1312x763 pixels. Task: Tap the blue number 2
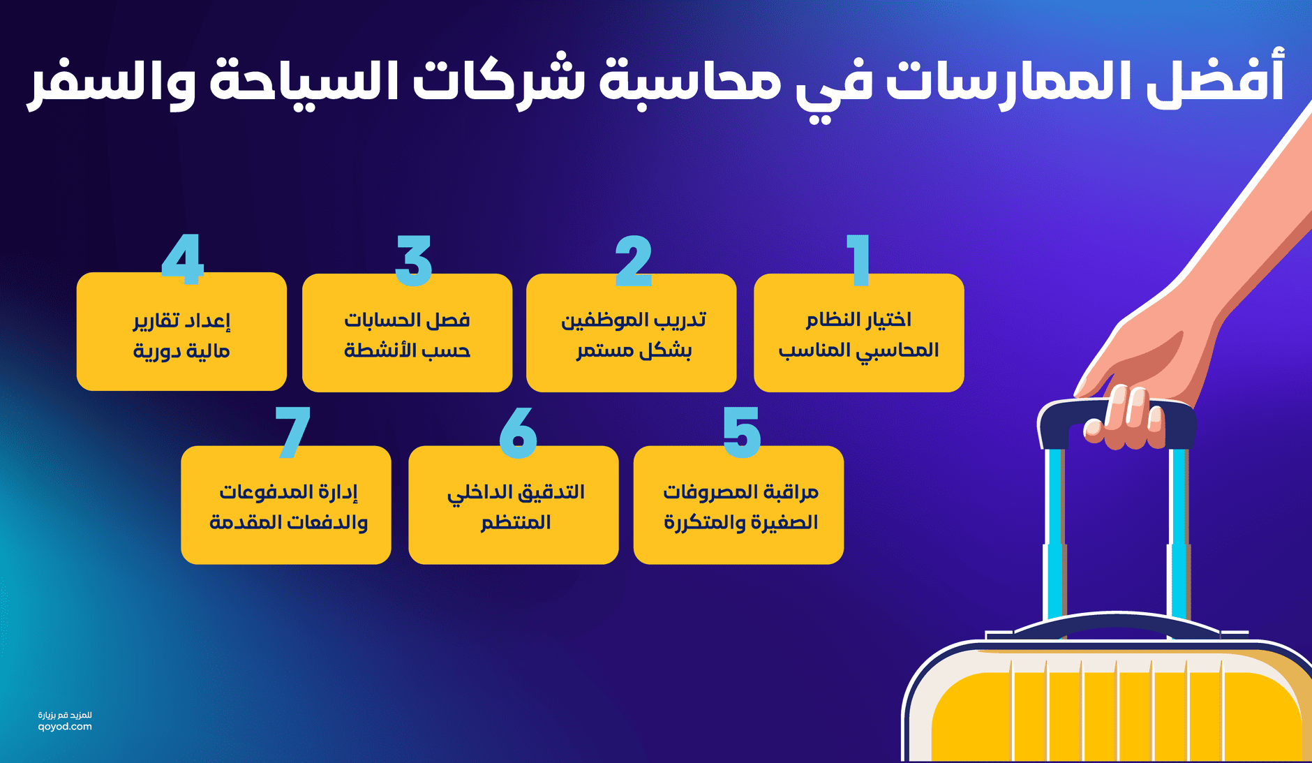tap(634, 261)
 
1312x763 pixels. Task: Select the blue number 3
tap(414, 261)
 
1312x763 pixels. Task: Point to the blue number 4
tap(182, 259)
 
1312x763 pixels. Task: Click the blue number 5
tap(741, 432)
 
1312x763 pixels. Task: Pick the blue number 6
tap(518, 432)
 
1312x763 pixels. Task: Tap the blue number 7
tap(292, 432)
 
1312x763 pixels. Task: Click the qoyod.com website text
tap(65, 727)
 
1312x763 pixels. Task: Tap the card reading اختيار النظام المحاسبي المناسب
tap(858, 334)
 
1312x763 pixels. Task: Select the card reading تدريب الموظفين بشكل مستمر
tap(632, 334)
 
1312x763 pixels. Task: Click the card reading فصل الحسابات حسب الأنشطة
tap(407, 334)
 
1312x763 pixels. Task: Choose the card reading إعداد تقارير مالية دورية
tap(181, 334)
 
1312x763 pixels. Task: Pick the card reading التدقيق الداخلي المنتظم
tap(514, 505)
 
